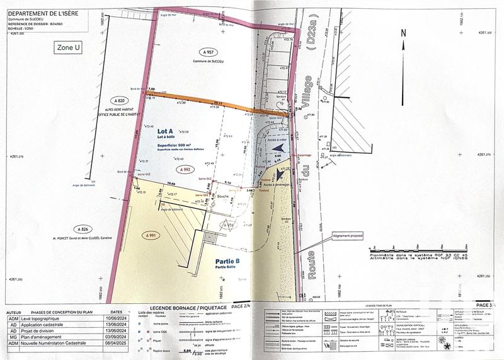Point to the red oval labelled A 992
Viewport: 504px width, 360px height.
(185, 170)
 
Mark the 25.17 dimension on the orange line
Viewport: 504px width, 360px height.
(219, 103)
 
